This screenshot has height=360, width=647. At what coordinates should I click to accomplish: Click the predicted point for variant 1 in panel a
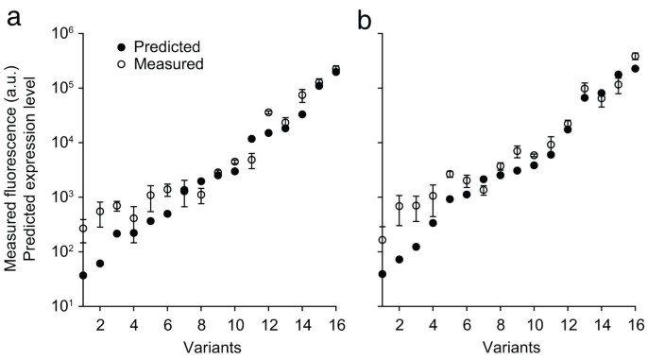pyautogui.click(x=83, y=275)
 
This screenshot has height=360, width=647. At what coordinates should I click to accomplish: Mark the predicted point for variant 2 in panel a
pyautogui.click(x=100, y=263)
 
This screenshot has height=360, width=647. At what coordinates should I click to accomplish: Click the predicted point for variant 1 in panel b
pyautogui.click(x=383, y=274)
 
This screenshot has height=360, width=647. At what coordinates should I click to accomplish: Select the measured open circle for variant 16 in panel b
pyautogui.click(x=636, y=57)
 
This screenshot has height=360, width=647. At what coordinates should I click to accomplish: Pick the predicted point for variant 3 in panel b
pyautogui.click(x=416, y=247)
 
